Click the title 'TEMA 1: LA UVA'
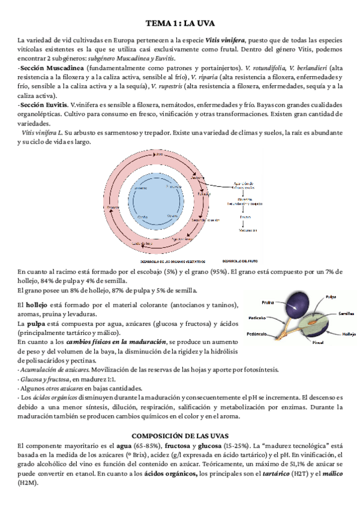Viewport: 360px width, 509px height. tap(180, 23)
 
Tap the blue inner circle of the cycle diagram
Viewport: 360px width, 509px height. tap(158, 201)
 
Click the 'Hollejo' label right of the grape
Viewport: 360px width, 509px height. tap(349, 333)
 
